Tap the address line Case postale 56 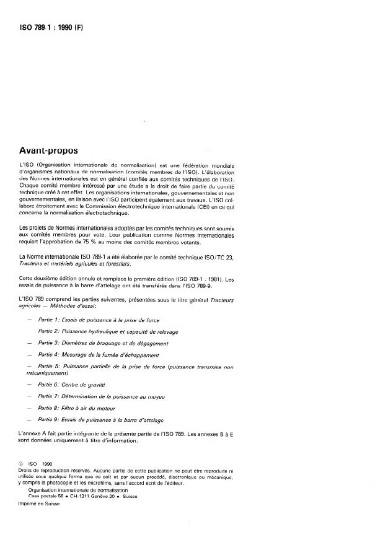pos(50,496)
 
